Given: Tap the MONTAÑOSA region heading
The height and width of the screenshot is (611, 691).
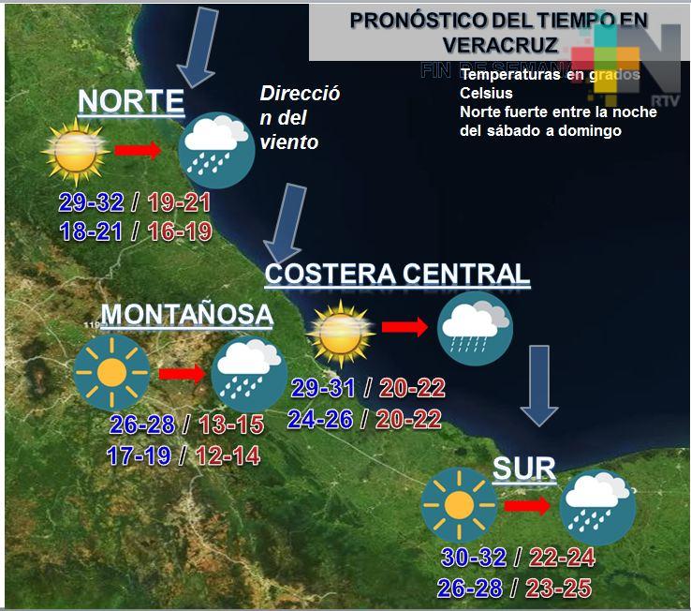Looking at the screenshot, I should click(x=186, y=315).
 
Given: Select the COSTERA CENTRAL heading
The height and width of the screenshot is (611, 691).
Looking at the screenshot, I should click(x=397, y=274).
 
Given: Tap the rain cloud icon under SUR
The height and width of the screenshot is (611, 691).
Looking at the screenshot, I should click(x=597, y=507).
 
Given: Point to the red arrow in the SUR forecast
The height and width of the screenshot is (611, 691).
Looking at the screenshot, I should click(x=527, y=506).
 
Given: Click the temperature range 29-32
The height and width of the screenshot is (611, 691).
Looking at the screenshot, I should click(x=91, y=202).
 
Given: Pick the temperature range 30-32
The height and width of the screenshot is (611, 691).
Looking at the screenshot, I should click(x=474, y=559).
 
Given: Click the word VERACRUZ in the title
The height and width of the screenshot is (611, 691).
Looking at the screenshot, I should click(x=501, y=45).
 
